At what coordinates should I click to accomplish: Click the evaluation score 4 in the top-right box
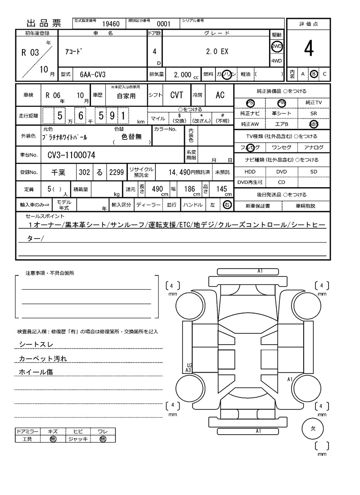point(308,49)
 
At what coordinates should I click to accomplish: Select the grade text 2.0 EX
point(217,52)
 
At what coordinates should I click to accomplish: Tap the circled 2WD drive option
point(276,46)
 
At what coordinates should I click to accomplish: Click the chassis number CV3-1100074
point(71,156)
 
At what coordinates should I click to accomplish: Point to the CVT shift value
point(176,95)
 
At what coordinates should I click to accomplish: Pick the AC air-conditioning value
point(220,95)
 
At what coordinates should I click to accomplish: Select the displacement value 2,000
point(182,74)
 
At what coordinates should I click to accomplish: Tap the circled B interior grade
point(314,74)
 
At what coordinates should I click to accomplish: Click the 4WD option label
point(276,61)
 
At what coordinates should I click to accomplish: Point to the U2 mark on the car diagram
point(189,365)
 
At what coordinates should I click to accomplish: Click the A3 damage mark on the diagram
point(189,370)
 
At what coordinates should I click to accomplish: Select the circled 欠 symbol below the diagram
point(313,428)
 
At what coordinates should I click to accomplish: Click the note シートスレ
point(36,344)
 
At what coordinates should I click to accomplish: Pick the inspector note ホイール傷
point(36,372)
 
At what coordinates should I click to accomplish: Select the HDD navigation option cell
point(250,172)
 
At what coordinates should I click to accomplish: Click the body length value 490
point(157,189)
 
